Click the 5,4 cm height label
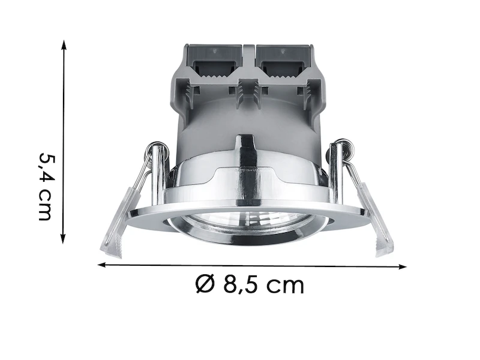tap(46, 186)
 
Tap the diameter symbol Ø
tap(205, 284)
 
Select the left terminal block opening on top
tap(215, 62)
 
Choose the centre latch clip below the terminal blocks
tap(247, 90)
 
